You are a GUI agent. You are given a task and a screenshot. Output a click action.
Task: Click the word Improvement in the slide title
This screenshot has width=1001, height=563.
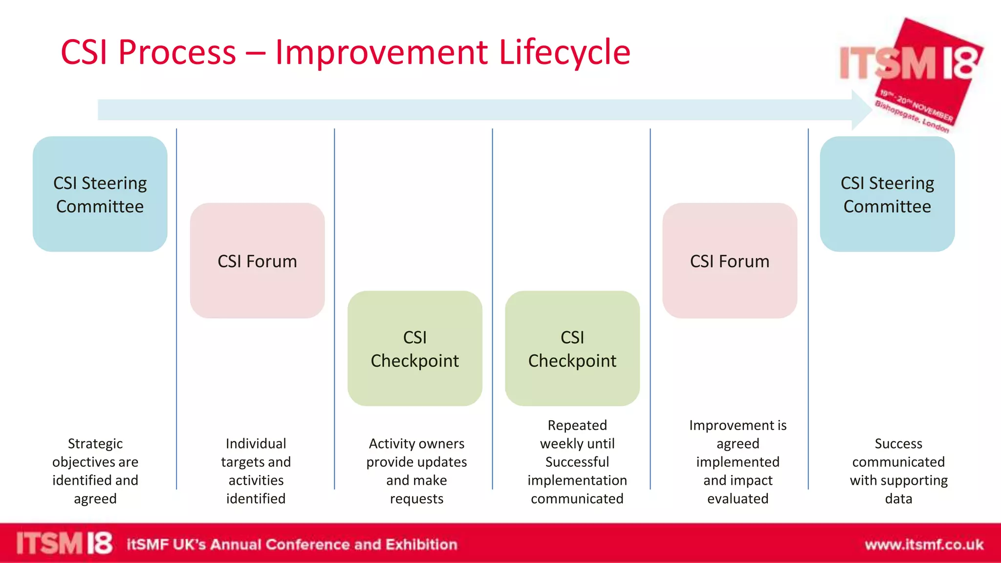(x=381, y=53)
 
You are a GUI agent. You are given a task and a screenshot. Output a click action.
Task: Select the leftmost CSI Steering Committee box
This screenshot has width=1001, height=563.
(x=100, y=194)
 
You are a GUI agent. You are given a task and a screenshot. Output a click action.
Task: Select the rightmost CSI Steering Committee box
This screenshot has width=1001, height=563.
(x=887, y=194)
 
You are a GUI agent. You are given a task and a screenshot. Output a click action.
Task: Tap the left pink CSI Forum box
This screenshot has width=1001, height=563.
(x=257, y=261)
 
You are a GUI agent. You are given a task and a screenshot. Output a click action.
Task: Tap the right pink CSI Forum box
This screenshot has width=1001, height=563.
(x=730, y=261)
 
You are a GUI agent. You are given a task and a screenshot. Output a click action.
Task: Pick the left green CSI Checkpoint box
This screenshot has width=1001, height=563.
(x=415, y=348)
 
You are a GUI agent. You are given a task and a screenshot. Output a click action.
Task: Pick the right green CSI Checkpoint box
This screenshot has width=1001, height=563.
(x=572, y=348)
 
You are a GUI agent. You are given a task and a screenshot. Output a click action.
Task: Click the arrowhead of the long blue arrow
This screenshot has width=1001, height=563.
(x=861, y=110)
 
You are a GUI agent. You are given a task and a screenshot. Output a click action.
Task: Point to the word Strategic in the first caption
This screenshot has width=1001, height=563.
(x=95, y=444)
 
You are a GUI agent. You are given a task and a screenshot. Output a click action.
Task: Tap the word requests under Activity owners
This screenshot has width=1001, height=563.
(x=416, y=499)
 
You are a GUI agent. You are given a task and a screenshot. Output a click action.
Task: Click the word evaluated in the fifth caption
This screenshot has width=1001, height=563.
(x=738, y=499)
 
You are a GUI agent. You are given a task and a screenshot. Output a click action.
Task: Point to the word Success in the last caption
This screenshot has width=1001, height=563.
(x=898, y=444)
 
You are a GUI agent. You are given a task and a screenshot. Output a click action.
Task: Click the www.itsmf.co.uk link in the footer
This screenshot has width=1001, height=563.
(x=924, y=544)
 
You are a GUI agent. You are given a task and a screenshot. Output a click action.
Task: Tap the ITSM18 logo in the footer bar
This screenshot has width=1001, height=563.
(x=64, y=543)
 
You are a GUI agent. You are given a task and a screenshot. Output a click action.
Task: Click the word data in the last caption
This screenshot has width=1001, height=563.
(x=898, y=499)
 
